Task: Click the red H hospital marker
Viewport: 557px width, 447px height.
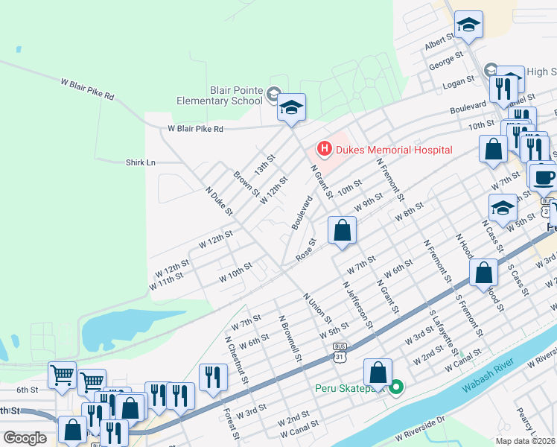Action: click(324, 150)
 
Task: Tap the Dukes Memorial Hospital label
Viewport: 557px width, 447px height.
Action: click(393, 150)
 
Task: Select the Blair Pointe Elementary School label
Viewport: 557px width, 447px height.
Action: click(220, 95)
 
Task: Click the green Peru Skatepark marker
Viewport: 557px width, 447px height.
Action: click(397, 387)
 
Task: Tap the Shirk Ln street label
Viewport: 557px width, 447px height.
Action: click(140, 162)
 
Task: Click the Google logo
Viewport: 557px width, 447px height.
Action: click(25, 438)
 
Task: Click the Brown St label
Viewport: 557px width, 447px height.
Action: click(241, 185)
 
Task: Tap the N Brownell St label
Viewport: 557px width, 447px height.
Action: click(291, 337)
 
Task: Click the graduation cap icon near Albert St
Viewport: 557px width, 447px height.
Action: click(469, 26)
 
